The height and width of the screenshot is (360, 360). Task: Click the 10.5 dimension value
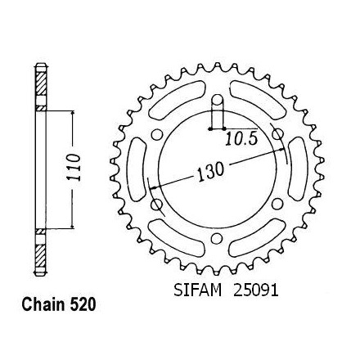tap(241, 139)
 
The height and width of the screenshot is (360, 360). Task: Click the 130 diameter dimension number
tap(210, 172)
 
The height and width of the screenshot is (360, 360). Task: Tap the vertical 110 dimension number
tap(74, 167)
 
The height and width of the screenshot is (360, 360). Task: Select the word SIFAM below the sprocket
tap(198, 290)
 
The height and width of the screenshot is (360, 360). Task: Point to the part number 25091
tap(256, 290)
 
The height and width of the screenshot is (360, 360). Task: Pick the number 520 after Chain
tap(83, 304)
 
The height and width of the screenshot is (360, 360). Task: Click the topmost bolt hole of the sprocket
tap(217, 100)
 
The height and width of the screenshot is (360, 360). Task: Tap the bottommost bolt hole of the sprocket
tap(217, 238)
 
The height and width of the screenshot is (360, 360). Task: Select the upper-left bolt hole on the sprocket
tap(157, 135)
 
